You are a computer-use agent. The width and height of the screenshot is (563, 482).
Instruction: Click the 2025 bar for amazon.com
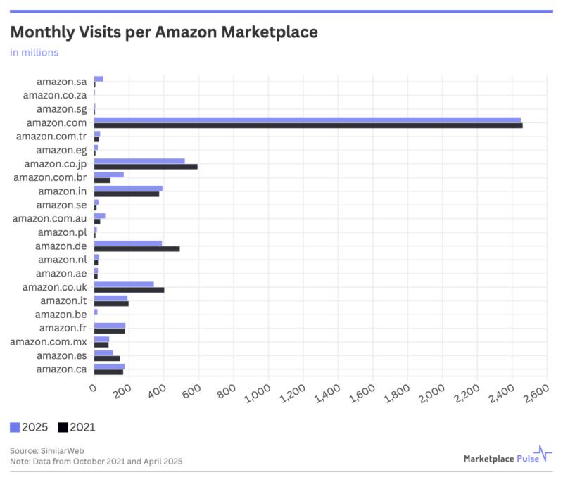pos(307,120)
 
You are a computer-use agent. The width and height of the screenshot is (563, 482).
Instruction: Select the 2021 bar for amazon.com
pos(308,125)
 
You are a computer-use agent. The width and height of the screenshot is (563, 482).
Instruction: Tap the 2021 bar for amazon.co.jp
pos(146,166)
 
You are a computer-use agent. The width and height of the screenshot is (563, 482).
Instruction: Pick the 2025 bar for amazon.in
pos(128,188)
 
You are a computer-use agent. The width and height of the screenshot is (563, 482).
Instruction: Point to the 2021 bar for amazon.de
pos(137,248)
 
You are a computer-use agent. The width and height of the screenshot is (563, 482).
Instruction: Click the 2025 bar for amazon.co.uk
pos(124,284)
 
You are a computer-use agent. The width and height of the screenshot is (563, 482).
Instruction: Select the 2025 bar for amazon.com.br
pos(108,175)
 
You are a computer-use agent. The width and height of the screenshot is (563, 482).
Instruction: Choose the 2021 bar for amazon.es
pos(107,358)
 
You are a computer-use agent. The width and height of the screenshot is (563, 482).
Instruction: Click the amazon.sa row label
pos(61,82)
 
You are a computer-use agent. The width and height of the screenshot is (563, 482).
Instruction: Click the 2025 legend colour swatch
pos(15,427)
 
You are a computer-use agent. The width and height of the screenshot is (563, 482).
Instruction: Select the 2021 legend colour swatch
pos(63,427)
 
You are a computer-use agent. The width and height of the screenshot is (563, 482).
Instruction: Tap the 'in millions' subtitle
pos(34,52)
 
